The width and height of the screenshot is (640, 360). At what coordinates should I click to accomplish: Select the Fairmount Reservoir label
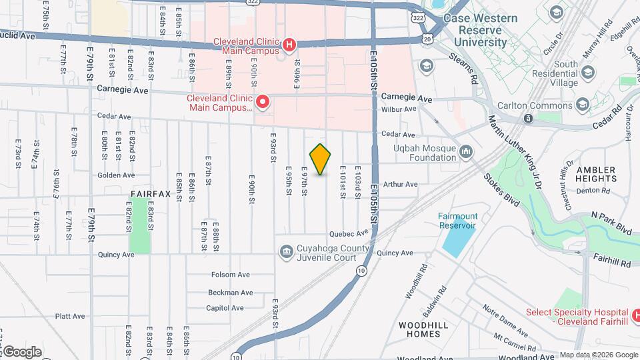(x=458, y=221)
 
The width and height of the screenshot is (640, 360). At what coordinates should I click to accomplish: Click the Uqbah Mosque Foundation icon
(x=466, y=153)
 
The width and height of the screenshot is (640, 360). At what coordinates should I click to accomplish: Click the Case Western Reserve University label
(x=489, y=31)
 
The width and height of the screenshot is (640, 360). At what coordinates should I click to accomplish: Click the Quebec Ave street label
(x=349, y=234)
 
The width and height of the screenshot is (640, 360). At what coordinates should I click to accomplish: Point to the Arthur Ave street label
(x=400, y=184)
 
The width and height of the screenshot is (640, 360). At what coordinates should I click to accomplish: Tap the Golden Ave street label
(x=116, y=175)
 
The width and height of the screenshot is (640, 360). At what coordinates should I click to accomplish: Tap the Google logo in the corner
(x=22, y=351)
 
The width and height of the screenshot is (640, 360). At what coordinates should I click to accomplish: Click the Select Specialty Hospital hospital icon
(x=635, y=312)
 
